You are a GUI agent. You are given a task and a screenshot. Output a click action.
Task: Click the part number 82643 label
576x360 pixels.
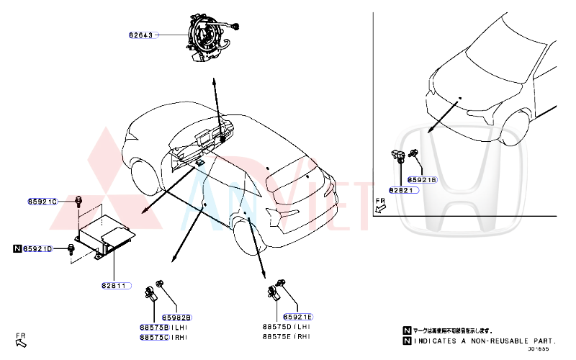142,35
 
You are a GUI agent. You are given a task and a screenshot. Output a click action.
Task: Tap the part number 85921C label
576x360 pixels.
42,202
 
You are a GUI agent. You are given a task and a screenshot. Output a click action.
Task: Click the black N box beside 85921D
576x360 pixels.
17,249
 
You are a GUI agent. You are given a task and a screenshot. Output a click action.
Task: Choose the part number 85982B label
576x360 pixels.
176,317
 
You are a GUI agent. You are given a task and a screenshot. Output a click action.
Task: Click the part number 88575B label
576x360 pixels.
153,327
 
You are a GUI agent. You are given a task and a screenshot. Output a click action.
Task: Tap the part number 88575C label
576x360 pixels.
153,336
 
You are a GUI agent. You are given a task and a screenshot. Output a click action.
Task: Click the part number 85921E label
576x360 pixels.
298,317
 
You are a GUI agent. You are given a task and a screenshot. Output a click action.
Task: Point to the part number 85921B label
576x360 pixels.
422,179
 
